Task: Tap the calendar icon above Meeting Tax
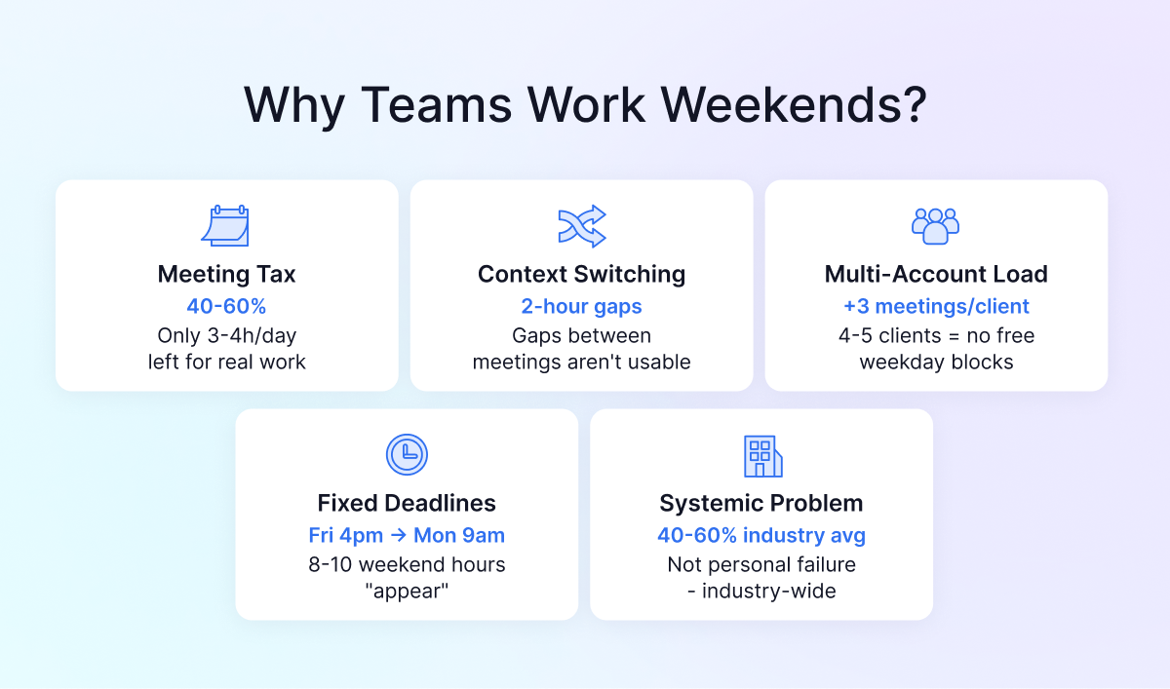coord(226,226)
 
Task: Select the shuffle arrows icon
coord(581,226)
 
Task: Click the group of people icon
coord(936,226)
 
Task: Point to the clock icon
coord(407,454)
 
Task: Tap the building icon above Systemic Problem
coord(761,455)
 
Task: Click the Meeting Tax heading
coord(226,275)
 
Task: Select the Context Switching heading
coord(581,275)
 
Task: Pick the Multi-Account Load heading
coord(936,275)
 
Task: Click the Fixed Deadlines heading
coord(407,503)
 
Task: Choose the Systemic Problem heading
coord(761,503)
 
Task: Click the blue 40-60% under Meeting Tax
coord(226,306)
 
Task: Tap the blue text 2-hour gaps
coord(581,306)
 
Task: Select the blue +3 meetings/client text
coord(936,306)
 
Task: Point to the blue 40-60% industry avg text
coord(761,535)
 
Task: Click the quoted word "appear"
coord(407,591)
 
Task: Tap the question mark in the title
coord(911,104)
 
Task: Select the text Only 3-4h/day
coord(226,335)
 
